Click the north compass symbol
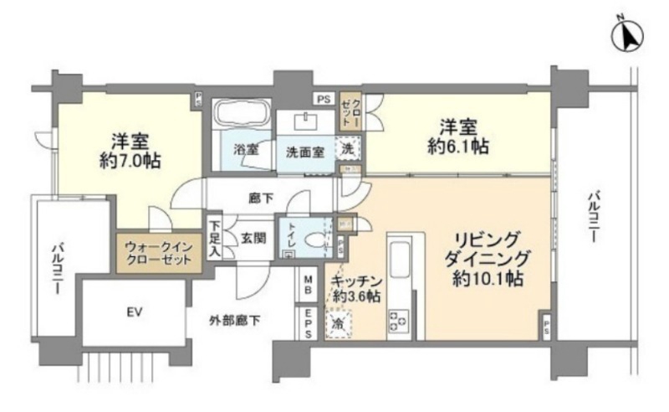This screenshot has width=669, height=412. coord(626,36)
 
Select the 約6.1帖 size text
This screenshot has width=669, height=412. coord(455,147)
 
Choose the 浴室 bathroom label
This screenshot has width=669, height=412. coord(245,151)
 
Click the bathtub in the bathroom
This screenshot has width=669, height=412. coord(240,114)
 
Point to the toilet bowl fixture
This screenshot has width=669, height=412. coord(316,239)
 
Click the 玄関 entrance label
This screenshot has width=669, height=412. coord(253,238)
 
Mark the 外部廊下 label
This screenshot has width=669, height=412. coord(237,318)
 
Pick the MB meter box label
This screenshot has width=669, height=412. coord(308,285)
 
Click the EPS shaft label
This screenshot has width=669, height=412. coord(308,324)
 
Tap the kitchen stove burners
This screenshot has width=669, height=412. coord(399,321)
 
